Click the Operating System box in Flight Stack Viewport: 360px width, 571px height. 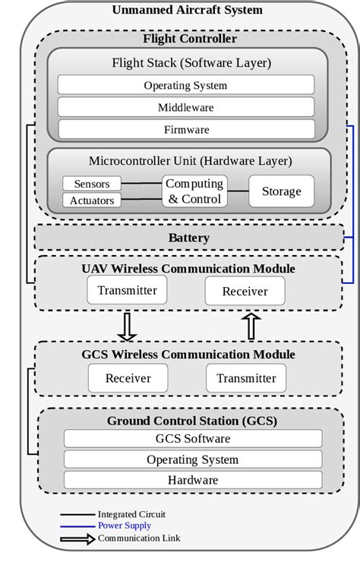pyautogui.click(x=186, y=85)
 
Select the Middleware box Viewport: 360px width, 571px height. pyautogui.click(x=186, y=107)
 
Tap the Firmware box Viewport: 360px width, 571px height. pyautogui.click(x=186, y=129)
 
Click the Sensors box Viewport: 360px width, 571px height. pyautogui.click(x=92, y=184)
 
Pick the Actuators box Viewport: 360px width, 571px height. pyautogui.click(x=92, y=200)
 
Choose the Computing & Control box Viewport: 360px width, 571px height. pyautogui.click(x=194, y=191)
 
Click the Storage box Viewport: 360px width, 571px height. pyautogui.click(x=281, y=191)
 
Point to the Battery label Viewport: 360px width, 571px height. pyautogui.click(x=188, y=238)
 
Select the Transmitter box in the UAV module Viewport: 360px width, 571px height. pyautogui.click(x=127, y=290)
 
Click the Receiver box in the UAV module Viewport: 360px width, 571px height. pyautogui.click(x=245, y=291)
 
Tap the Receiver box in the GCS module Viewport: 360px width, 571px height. pyautogui.click(x=128, y=378)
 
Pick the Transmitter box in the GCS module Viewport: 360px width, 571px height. pyautogui.click(x=246, y=378)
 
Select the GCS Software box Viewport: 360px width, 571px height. pyautogui.click(x=192, y=438)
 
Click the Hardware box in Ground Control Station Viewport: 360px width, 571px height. pyautogui.click(x=192, y=480)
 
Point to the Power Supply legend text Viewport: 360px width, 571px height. pyautogui.click(x=125, y=525)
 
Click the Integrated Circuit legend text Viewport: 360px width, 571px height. pyautogui.click(x=131, y=514)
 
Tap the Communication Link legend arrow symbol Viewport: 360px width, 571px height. pyautogui.click(x=77, y=539)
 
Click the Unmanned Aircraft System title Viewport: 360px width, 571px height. pyautogui.click(x=187, y=10)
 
